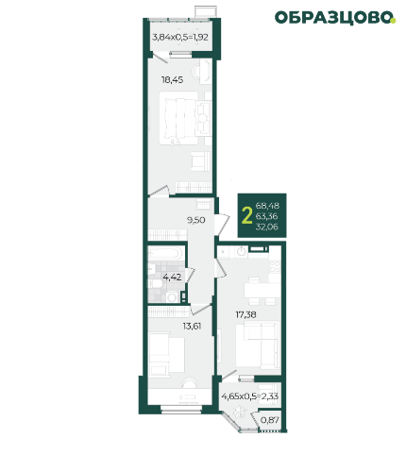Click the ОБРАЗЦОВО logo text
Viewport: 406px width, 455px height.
(335, 18)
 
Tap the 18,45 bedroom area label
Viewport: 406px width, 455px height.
(172, 80)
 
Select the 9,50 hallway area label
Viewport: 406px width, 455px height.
(195, 220)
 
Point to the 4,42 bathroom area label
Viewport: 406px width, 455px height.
(172, 278)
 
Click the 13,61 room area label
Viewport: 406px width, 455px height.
(192, 327)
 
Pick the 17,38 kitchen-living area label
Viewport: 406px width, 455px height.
(245, 314)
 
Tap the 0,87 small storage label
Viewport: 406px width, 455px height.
(270, 420)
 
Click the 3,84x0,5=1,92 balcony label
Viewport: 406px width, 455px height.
(180, 37)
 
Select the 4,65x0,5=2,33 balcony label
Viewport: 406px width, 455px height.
(250, 396)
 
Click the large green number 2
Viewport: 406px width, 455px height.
(247, 216)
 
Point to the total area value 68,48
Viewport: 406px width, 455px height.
(267, 206)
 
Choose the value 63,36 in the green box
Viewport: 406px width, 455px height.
(267, 216)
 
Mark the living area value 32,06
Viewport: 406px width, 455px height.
(267, 227)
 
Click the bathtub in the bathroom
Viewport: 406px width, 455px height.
(165, 254)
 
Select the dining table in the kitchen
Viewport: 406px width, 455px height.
(262, 291)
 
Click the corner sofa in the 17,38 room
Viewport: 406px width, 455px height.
(258, 345)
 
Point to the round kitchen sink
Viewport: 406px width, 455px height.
(242, 252)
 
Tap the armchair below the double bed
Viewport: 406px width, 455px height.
(200, 160)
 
